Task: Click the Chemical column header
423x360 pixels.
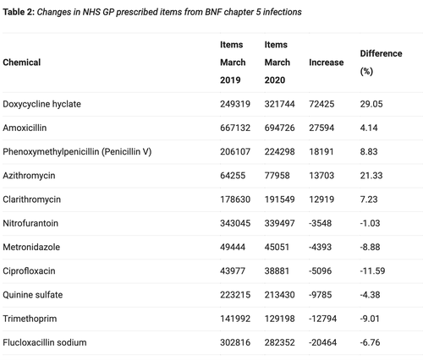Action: pyautogui.click(x=22, y=63)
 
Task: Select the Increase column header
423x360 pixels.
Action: pyautogui.click(x=327, y=63)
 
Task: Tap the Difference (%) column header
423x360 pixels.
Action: pyautogui.click(x=381, y=63)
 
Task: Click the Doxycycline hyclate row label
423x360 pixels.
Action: pyautogui.click(x=41, y=104)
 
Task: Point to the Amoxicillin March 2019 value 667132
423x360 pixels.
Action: pyautogui.click(x=235, y=128)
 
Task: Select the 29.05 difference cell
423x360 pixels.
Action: pyautogui.click(x=371, y=104)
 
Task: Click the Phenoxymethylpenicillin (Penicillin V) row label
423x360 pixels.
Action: pyautogui.click(x=77, y=152)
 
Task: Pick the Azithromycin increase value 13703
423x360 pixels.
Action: pyautogui.click(x=321, y=176)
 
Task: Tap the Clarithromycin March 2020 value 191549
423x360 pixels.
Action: pyautogui.click(x=279, y=199)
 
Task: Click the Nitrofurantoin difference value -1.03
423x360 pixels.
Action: pyautogui.click(x=370, y=223)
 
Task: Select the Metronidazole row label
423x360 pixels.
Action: pyautogui.click(x=31, y=247)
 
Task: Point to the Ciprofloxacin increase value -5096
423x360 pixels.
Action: pyautogui.click(x=320, y=271)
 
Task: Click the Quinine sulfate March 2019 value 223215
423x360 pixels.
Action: pyautogui.click(x=235, y=295)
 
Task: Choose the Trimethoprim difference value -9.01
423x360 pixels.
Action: pyautogui.click(x=370, y=319)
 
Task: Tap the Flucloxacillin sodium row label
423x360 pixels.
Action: pyautogui.click(x=45, y=342)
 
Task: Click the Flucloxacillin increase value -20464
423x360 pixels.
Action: pyautogui.click(x=322, y=342)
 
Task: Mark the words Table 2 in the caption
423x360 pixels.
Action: pyautogui.click(x=19, y=12)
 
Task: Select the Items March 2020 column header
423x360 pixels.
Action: pyautogui.click(x=277, y=63)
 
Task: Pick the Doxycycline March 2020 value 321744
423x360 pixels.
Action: pyautogui.click(x=279, y=104)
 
